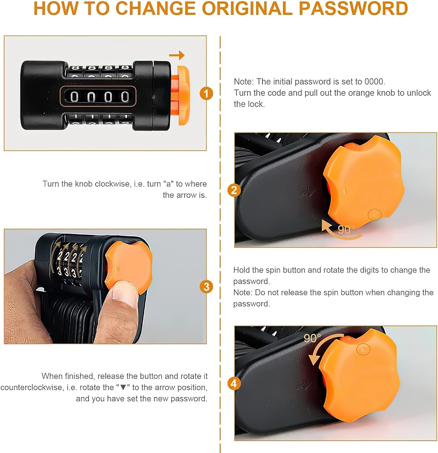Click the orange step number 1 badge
coord(206,93)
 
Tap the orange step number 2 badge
coord(234,190)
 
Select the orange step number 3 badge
coord(206,287)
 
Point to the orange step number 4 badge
coord(234,384)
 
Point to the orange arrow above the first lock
coord(177,55)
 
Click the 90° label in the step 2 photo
coord(346,230)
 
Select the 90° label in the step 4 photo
coord(312,338)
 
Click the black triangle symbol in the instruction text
coord(123,387)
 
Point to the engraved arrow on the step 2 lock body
coord(308,191)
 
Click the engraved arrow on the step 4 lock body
coord(304,385)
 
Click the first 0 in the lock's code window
coord(74,97)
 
